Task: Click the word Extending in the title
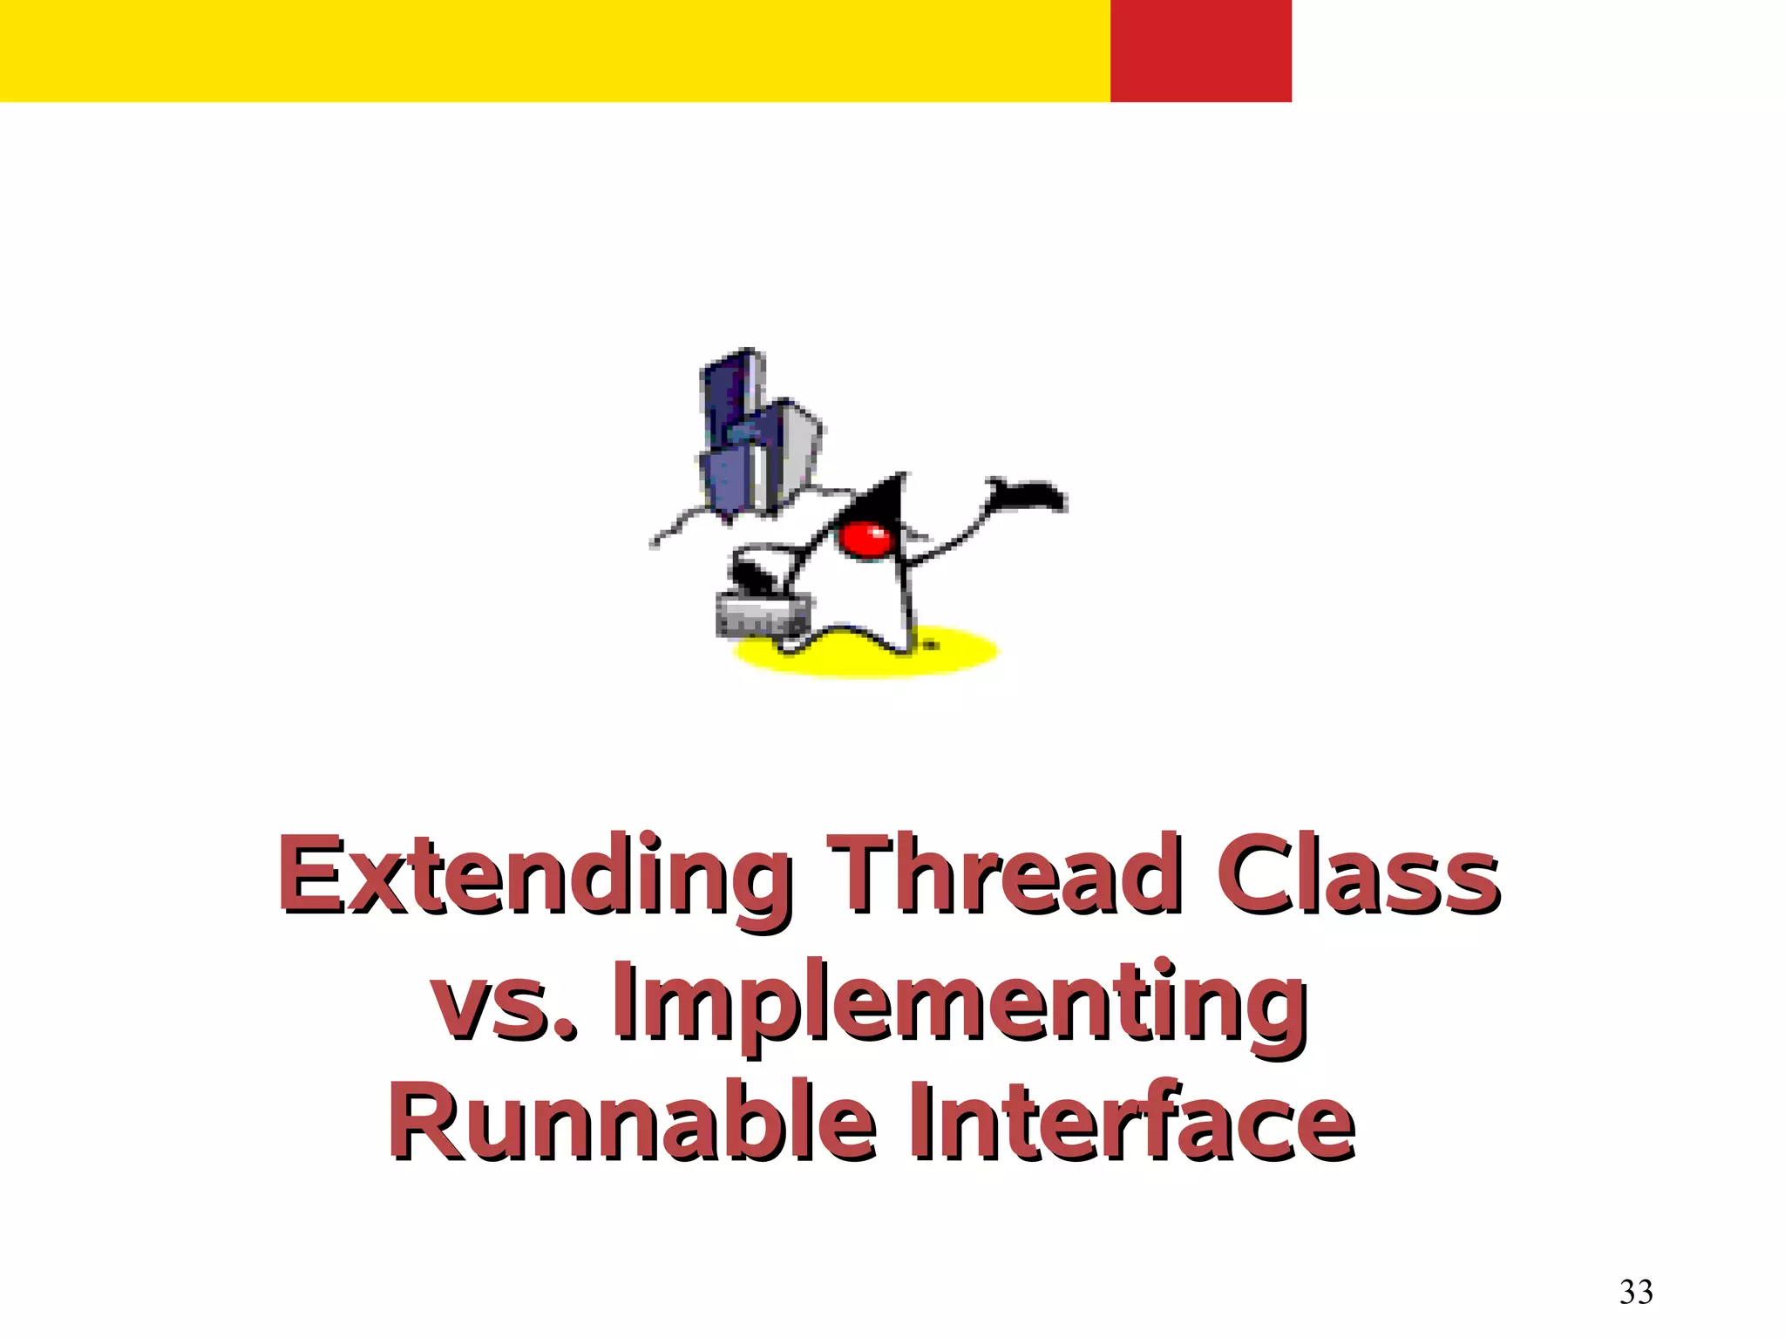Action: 533,876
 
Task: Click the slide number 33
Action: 1636,1291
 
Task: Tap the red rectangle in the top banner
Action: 1200,51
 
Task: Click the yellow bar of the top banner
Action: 554,51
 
